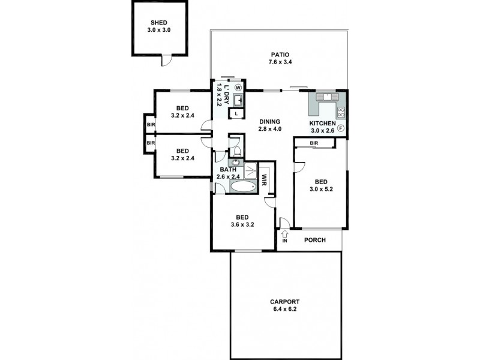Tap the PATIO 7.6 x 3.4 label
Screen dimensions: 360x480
point(279,55)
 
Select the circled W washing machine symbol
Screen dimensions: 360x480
point(238,87)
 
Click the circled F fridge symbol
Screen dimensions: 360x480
point(340,128)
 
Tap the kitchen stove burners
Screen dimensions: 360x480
point(341,111)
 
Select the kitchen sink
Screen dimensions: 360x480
point(328,96)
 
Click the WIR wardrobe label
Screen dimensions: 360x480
point(264,180)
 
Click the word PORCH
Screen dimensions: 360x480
point(315,240)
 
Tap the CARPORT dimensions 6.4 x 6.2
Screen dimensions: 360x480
point(285,310)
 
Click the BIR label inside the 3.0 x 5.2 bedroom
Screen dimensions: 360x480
point(313,143)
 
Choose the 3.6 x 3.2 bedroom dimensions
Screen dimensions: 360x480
point(242,225)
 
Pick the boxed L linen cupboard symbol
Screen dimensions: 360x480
point(236,113)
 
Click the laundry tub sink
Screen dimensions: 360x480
point(237,99)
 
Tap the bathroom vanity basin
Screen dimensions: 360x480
point(235,163)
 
